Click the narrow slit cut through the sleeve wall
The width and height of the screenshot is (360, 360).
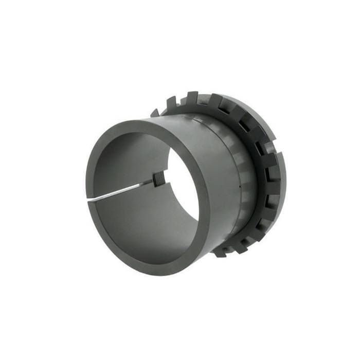tap(121, 190)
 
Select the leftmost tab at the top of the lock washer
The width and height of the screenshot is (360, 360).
tap(155, 112)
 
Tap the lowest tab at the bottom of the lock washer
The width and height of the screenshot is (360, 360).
tap(220, 253)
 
